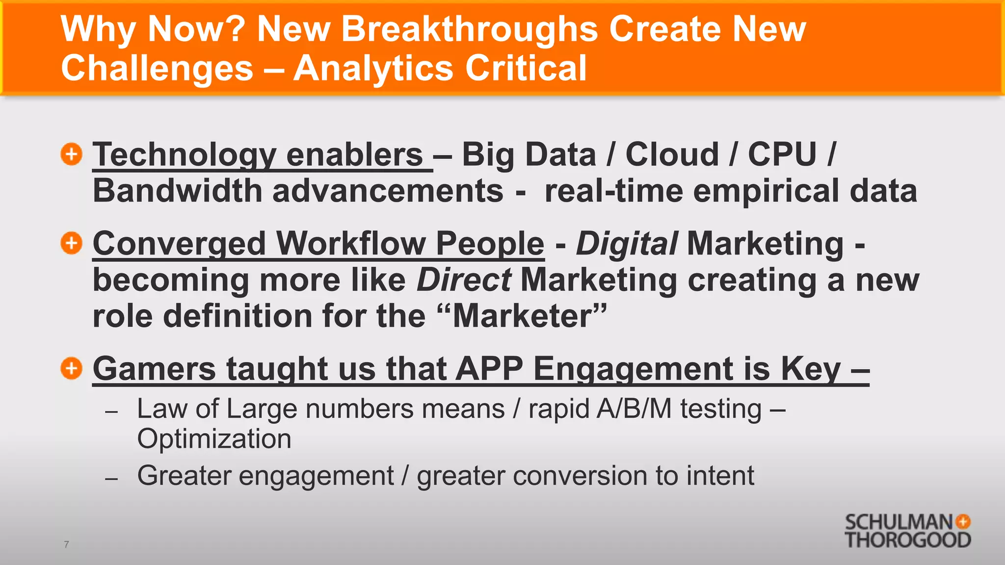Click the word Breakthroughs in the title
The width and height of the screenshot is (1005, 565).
[469, 29]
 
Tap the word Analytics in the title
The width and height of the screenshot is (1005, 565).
[373, 68]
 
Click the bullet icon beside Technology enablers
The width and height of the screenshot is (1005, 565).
[72, 154]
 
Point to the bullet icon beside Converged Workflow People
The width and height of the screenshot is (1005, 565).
[72, 243]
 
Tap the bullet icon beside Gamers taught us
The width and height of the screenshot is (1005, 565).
[72, 368]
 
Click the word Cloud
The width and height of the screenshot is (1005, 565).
[672, 154]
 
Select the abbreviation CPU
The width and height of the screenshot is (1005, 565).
[782, 154]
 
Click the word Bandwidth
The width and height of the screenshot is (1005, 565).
[177, 191]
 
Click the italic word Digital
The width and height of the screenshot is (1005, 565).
[627, 244]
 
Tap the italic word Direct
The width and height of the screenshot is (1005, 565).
[464, 280]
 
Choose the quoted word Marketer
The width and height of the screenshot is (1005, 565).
[523, 316]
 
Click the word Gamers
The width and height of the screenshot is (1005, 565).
[154, 369]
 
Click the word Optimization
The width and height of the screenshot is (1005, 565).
[214, 439]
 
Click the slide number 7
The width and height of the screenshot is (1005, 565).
[66, 544]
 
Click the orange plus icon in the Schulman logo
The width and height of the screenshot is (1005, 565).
[963, 522]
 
